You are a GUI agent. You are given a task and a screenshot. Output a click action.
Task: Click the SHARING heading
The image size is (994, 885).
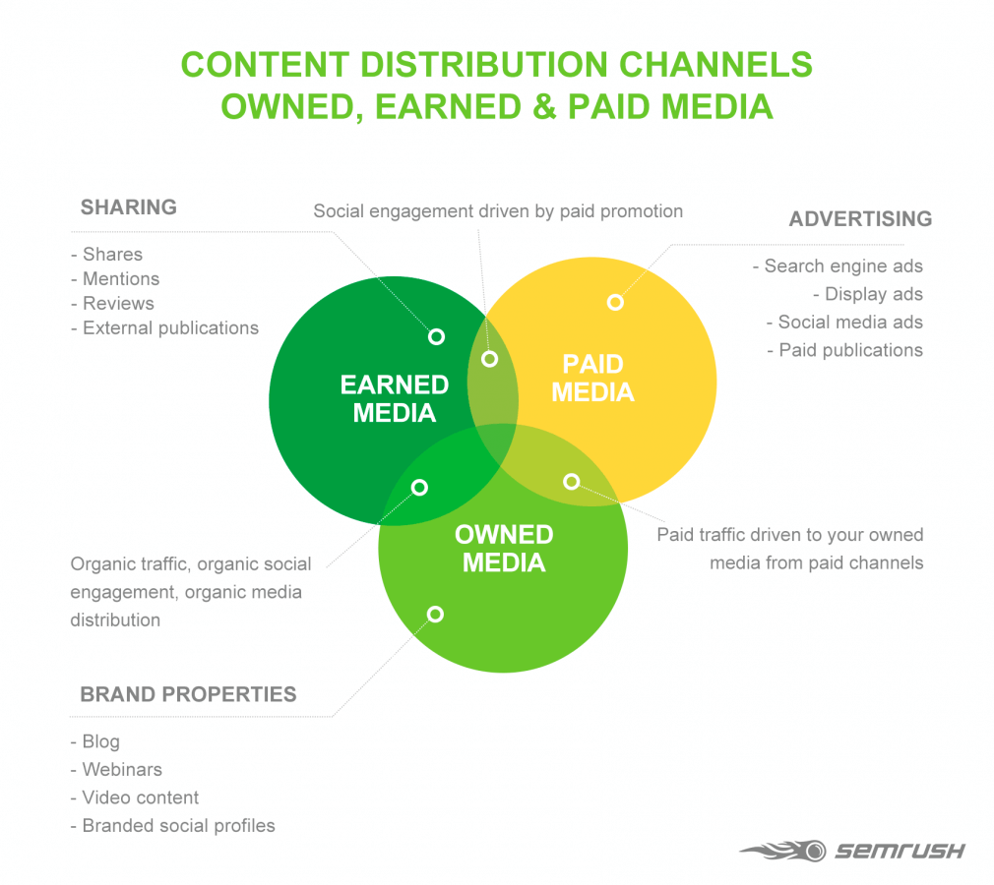129,207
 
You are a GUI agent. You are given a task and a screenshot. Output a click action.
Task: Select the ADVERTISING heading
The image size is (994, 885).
860,218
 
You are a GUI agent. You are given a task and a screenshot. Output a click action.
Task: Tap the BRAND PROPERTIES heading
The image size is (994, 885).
188,694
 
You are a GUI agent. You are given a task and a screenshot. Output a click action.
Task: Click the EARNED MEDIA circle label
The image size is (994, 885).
394,398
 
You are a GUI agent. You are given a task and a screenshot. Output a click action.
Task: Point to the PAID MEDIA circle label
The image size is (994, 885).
592,379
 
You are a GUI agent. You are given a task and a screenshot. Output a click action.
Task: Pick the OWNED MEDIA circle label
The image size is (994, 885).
503,549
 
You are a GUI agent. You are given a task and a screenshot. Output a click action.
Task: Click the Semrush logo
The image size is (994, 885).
852,850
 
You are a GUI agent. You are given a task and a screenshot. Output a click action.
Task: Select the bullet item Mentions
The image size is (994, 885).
120,279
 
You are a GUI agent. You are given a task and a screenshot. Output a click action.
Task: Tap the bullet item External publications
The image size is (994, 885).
169,328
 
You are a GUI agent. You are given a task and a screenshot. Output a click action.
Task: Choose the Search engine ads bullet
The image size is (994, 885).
842,266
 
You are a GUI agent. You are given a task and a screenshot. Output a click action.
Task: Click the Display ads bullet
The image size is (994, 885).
873,294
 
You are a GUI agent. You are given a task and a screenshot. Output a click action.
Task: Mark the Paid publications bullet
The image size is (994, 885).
849,350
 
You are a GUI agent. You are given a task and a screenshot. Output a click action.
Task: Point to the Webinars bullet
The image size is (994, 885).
121,770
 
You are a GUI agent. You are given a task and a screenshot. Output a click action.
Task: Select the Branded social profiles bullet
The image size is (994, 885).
177,826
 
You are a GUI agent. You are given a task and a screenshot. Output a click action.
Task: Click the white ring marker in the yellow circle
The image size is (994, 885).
615,302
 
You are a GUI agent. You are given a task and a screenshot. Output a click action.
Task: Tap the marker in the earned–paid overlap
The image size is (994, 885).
489,359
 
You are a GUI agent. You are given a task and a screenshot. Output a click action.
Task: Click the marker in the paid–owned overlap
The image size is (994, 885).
571,481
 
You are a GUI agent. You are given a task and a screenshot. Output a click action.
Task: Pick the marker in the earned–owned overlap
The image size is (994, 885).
419,487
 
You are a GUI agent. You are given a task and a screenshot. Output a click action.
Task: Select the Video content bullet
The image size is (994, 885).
140,797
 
